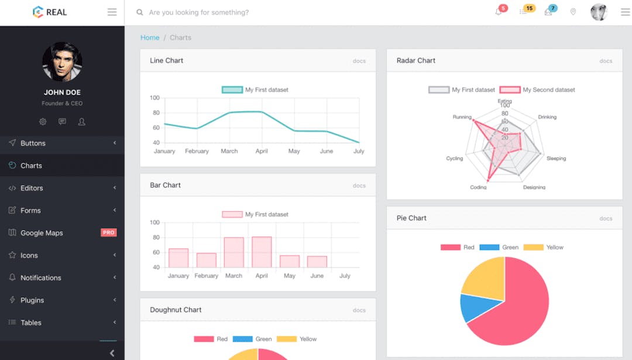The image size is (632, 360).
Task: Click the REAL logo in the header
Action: click(50, 12)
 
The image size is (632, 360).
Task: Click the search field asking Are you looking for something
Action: click(199, 12)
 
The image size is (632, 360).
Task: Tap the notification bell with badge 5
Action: click(499, 12)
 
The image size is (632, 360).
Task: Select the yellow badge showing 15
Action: click(528, 9)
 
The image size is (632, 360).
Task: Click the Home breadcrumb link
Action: click(150, 37)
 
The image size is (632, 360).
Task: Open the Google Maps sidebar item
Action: click(42, 233)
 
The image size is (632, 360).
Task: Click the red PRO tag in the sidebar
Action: click(108, 232)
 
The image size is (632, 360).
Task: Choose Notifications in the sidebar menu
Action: click(40, 278)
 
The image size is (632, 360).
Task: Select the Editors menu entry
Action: click(32, 188)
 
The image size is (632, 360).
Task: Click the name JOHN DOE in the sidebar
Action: click(62, 92)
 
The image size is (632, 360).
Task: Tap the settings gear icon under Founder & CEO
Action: click(43, 122)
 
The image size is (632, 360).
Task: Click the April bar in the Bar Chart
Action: click(262, 252)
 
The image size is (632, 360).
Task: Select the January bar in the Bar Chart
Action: click(178, 258)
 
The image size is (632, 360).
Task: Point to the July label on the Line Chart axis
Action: click(359, 151)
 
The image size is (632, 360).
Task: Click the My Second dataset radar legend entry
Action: click(548, 90)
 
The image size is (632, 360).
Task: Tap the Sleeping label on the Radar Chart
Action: click(556, 159)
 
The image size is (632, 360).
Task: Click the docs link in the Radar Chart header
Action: click(606, 61)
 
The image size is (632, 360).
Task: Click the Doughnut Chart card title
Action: click(176, 310)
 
